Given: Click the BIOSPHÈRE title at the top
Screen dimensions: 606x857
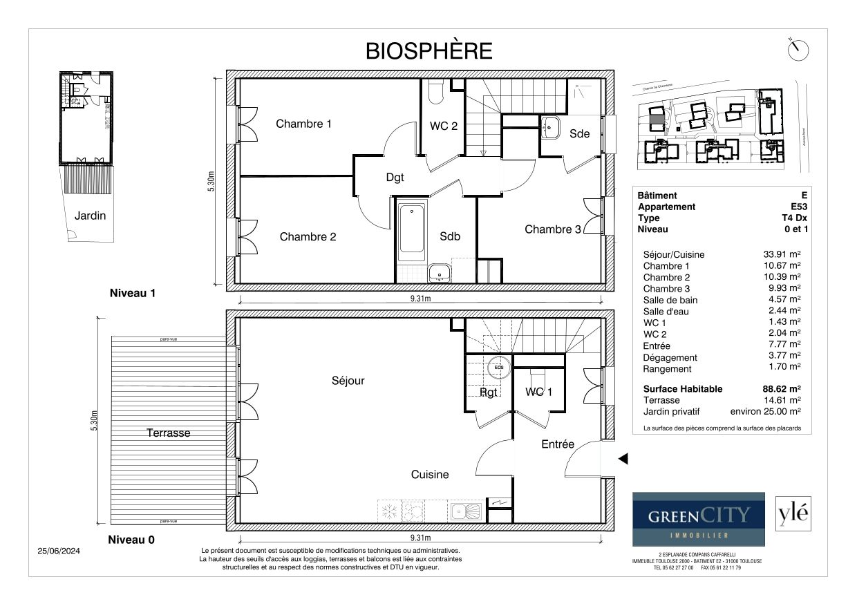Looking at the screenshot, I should (x=428, y=51).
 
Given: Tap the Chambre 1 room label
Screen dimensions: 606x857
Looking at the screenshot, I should (x=303, y=124).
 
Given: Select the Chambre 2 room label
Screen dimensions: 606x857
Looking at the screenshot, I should (x=308, y=237).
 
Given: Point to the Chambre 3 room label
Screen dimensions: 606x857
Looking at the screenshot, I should (x=552, y=229).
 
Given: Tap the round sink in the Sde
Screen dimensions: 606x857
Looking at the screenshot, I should (x=551, y=127).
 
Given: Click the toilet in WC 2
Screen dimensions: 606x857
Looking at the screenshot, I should (x=435, y=92).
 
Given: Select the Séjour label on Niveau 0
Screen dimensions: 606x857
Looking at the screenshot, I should (x=348, y=381).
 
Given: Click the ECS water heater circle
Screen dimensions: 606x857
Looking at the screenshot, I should (x=498, y=367).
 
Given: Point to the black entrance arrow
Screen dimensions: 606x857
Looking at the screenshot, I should (x=622, y=459).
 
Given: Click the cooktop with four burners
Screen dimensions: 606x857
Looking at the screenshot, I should (x=413, y=511).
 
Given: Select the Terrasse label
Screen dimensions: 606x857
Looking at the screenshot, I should (x=168, y=433).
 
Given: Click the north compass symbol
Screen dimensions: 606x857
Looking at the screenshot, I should (x=798, y=50).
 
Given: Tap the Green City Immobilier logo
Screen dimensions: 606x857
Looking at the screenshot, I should (x=698, y=519).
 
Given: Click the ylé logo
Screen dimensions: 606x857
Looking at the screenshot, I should (x=792, y=514).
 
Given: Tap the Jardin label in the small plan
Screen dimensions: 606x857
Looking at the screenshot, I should (x=91, y=216).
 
